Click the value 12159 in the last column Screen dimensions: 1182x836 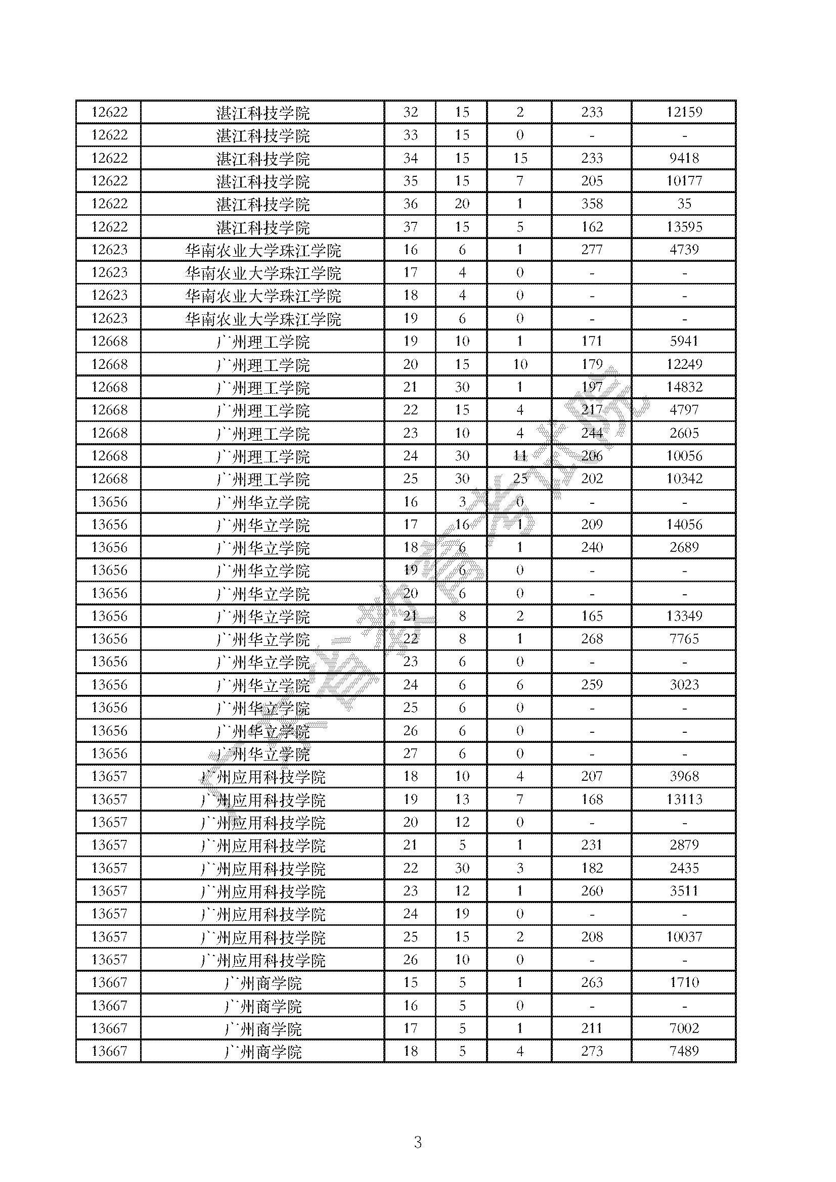(684, 112)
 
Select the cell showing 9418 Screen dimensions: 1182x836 (684, 158)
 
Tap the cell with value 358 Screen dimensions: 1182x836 (591, 204)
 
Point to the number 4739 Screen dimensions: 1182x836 (684, 250)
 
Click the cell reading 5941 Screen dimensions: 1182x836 (684, 341)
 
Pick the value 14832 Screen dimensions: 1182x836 (684, 387)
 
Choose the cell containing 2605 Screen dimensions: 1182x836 (684, 433)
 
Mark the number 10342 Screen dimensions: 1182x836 (684, 479)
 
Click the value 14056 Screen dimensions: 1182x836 (684, 525)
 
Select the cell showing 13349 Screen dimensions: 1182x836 (684, 616)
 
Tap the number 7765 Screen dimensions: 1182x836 (684, 639)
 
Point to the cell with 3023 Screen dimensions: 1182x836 (684, 685)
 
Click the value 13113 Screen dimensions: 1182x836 (684, 799)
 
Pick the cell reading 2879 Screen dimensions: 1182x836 (684, 845)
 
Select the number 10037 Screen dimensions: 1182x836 (684, 937)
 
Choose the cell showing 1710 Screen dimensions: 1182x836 (684, 983)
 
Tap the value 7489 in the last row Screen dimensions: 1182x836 (684, 1051)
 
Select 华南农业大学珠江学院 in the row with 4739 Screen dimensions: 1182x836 (262, 251)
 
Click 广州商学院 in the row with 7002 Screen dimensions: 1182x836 (262, 1029)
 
